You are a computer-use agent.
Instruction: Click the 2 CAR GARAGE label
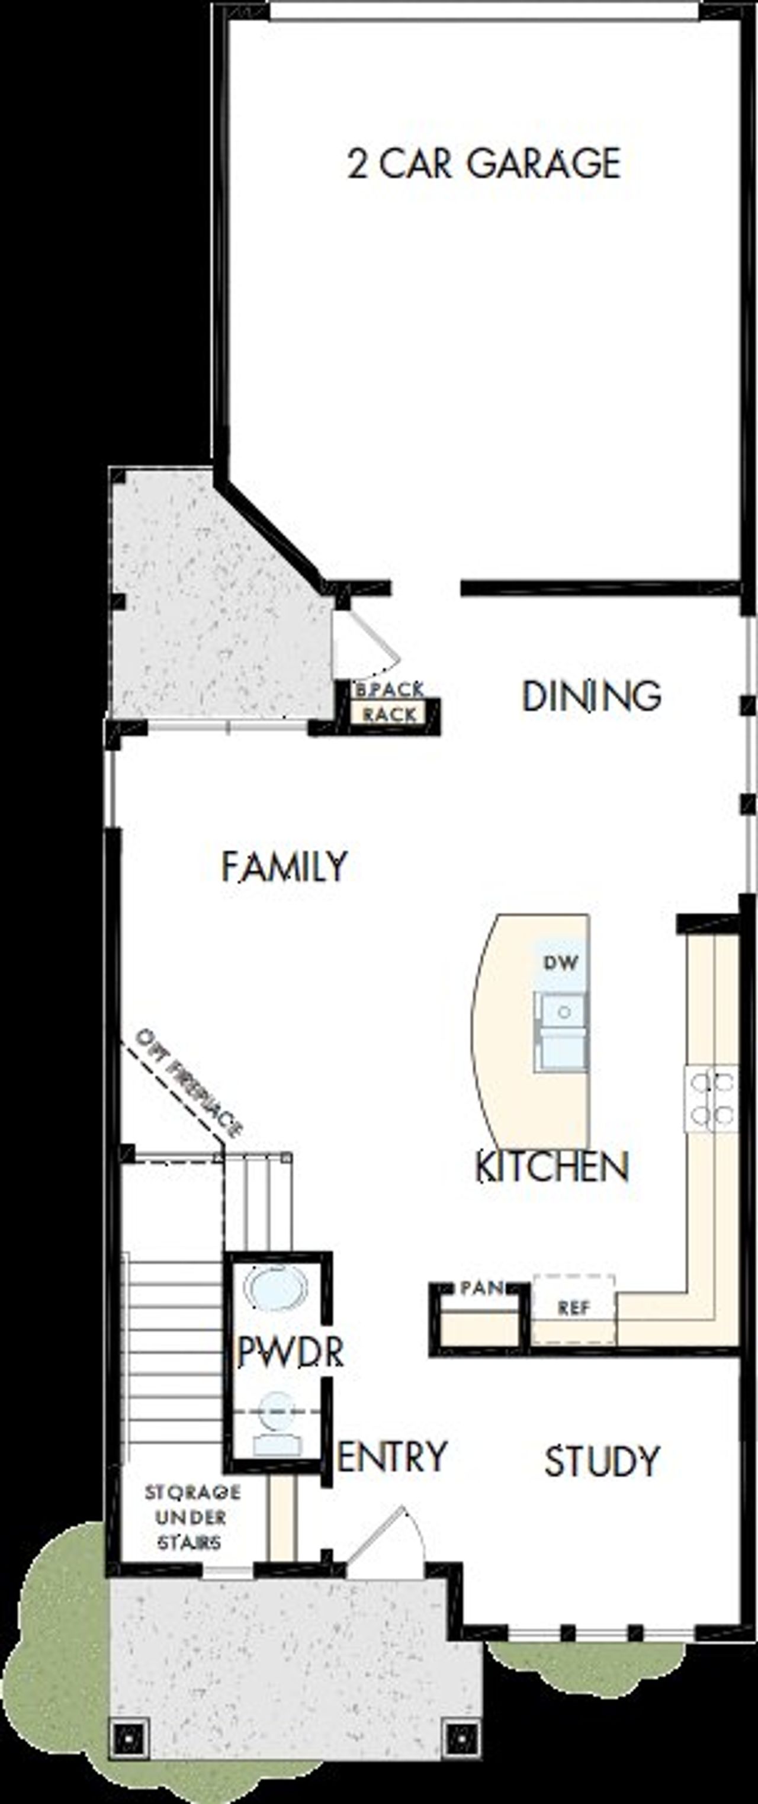(484, 163)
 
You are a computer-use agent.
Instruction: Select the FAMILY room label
(284, 867)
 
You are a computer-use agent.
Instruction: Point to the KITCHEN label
(552, 1167)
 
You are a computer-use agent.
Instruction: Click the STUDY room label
(602, 1462)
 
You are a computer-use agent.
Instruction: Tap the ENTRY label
(392, 1457)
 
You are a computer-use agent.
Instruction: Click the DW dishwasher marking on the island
(561, 962)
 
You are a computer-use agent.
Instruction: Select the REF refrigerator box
(574, 1308)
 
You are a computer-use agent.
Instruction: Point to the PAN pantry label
(482, 1287)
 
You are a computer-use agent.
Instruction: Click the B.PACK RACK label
(390, 702)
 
